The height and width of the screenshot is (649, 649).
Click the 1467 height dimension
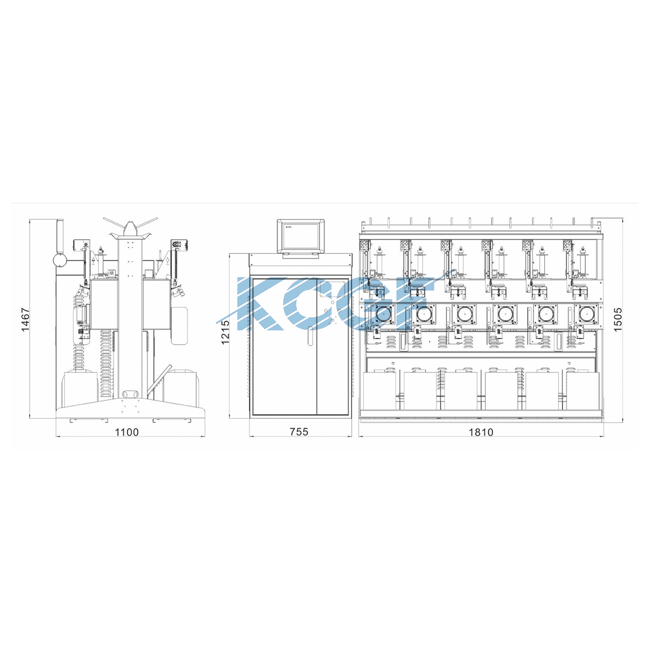click(26, 320)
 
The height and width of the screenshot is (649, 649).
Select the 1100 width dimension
click(127, 432)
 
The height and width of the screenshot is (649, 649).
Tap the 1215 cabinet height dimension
click(225, 332)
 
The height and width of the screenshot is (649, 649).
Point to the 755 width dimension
click(299, 432)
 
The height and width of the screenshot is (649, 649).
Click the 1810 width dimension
click(481, 432)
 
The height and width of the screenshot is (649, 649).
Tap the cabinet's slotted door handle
click(310, 337)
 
